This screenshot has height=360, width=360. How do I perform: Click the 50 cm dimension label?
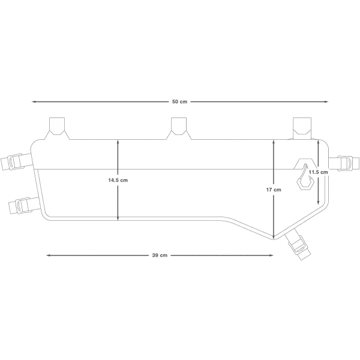pyautogui.click(x=179, y=102)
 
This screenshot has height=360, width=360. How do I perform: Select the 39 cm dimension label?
pyautogui.click(x=160, y=256)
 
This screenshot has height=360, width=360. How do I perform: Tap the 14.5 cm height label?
pyautogui.click(x=118, y=180)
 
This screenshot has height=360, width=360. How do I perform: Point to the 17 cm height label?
pyautogui.click(x=274, y=190)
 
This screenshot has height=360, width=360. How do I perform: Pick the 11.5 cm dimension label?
pyautogui.click(x=318, y=172)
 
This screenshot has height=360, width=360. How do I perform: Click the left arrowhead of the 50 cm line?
pyautogui.click(x=34, y=102)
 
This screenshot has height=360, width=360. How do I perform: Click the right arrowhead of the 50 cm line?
pyautogui.click(x=326, y=102)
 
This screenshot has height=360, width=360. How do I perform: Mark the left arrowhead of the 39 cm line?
pyautogui.click(x=49, y=256)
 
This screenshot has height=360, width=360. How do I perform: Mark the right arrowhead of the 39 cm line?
pyautogui.click(x=271, y=256)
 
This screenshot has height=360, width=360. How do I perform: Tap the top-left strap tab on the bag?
pyautogui.click(x=57, y=128)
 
